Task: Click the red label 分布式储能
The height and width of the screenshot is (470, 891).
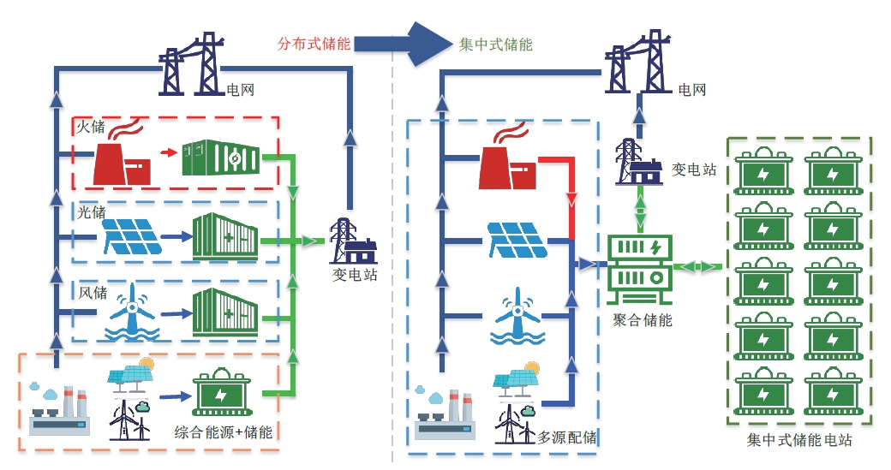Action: (x=314, y=44)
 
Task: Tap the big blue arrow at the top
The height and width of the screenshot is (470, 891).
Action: (x=402, y=43)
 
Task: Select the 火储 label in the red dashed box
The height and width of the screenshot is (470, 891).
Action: (x=91, y=128)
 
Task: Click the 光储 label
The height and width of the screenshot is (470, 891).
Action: (x=91, y=210)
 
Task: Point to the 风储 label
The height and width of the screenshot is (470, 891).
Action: (x=91, y=293)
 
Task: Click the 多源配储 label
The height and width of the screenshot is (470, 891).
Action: (x=566, y=437)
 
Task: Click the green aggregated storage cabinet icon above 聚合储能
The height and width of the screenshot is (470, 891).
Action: (x=639, y=268)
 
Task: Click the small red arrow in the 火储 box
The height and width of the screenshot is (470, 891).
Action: (x=169, y=154)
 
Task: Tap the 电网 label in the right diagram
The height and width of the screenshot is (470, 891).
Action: (x=692, y=89)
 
